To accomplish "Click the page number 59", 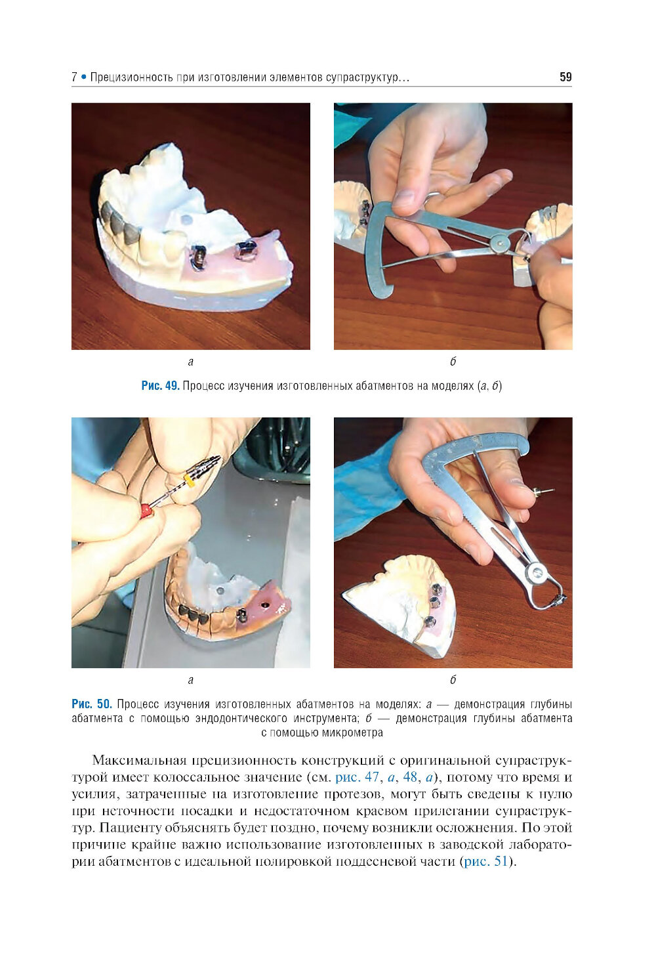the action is [x=565, y=77].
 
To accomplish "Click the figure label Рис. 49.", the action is [x=160, y=386].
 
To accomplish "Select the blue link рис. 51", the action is [x=485, y=861].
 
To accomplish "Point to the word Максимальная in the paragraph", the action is [x=139, y=760].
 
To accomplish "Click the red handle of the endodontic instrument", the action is [x=146, y=509].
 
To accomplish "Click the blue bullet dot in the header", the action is [x=83, y=77].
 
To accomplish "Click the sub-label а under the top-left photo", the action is [x=190, y=362].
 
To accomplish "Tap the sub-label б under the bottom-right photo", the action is [x=453, y=679].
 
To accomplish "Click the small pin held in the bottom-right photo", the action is [x=541, y=491].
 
